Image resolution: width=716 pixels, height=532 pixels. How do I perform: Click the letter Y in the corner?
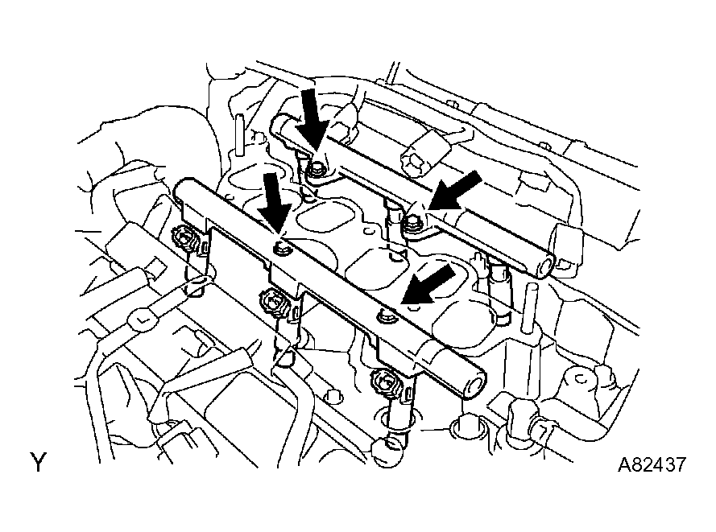click(39, 462)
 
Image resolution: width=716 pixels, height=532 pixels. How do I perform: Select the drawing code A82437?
click(652, 465)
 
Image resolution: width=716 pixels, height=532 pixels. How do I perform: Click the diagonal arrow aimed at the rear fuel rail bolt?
click(454, 192)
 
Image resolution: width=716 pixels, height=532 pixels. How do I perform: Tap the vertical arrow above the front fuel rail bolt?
click(275, 201)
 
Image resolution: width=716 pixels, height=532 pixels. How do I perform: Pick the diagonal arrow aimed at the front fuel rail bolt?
click(428, 285)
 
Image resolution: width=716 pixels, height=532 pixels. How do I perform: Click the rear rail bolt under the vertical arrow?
click(315, 171)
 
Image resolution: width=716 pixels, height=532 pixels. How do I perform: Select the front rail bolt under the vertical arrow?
click(281, 249)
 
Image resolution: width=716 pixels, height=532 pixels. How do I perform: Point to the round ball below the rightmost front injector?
click(388, 451)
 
